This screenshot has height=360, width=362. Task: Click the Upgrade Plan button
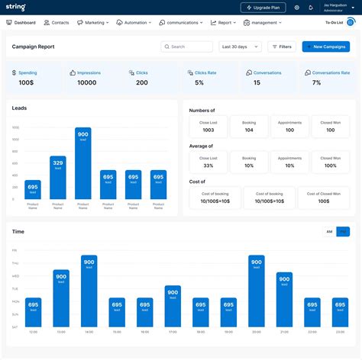(263, 8)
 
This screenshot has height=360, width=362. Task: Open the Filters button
(281, 47)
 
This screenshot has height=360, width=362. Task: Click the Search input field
(186, 47)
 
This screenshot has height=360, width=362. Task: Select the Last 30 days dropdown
(238, 47)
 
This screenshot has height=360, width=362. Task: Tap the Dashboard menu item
(21, 23)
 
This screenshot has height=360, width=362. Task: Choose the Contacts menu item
(57, 23)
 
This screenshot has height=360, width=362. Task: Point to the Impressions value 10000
(87, 82)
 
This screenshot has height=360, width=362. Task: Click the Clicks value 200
(142, 82)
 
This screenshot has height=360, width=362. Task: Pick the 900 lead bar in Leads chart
(82, 163)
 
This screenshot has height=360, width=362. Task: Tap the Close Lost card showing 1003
(208, 127)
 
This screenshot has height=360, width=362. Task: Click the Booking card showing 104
(249, 127)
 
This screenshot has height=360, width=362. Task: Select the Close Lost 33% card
(208, 162)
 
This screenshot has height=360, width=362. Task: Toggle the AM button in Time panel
(329, 231)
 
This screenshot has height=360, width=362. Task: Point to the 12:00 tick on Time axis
(33, 332)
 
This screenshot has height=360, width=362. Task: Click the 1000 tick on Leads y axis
(15, 127)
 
